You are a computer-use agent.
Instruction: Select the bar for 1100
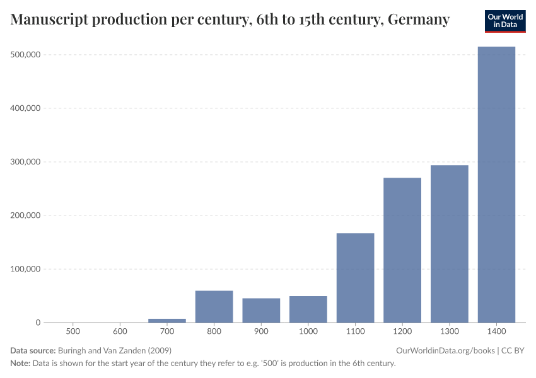click(x=355, y=278)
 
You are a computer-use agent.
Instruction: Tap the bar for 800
click(x=214, y=306)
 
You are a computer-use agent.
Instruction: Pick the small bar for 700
click(x=167, y=320)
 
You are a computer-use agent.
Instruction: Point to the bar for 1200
click(x=402, y=250)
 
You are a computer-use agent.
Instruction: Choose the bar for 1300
click(x=450, y=244)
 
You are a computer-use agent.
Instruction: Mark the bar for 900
click(x=261, y=310)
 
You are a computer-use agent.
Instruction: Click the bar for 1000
click(x=308, y=309)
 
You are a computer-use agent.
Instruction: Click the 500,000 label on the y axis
click(x=26, y=55)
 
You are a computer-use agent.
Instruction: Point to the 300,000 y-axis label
click(x=26, y=162)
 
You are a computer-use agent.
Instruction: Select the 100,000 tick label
click(x=26, y=269)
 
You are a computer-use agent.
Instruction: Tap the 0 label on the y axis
click(x=38, y=323)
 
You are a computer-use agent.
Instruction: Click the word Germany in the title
click(x=419, y=20)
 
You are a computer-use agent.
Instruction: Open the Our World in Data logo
click(x=504, y=21)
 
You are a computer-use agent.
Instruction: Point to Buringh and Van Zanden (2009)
click(x=115, y=350)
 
